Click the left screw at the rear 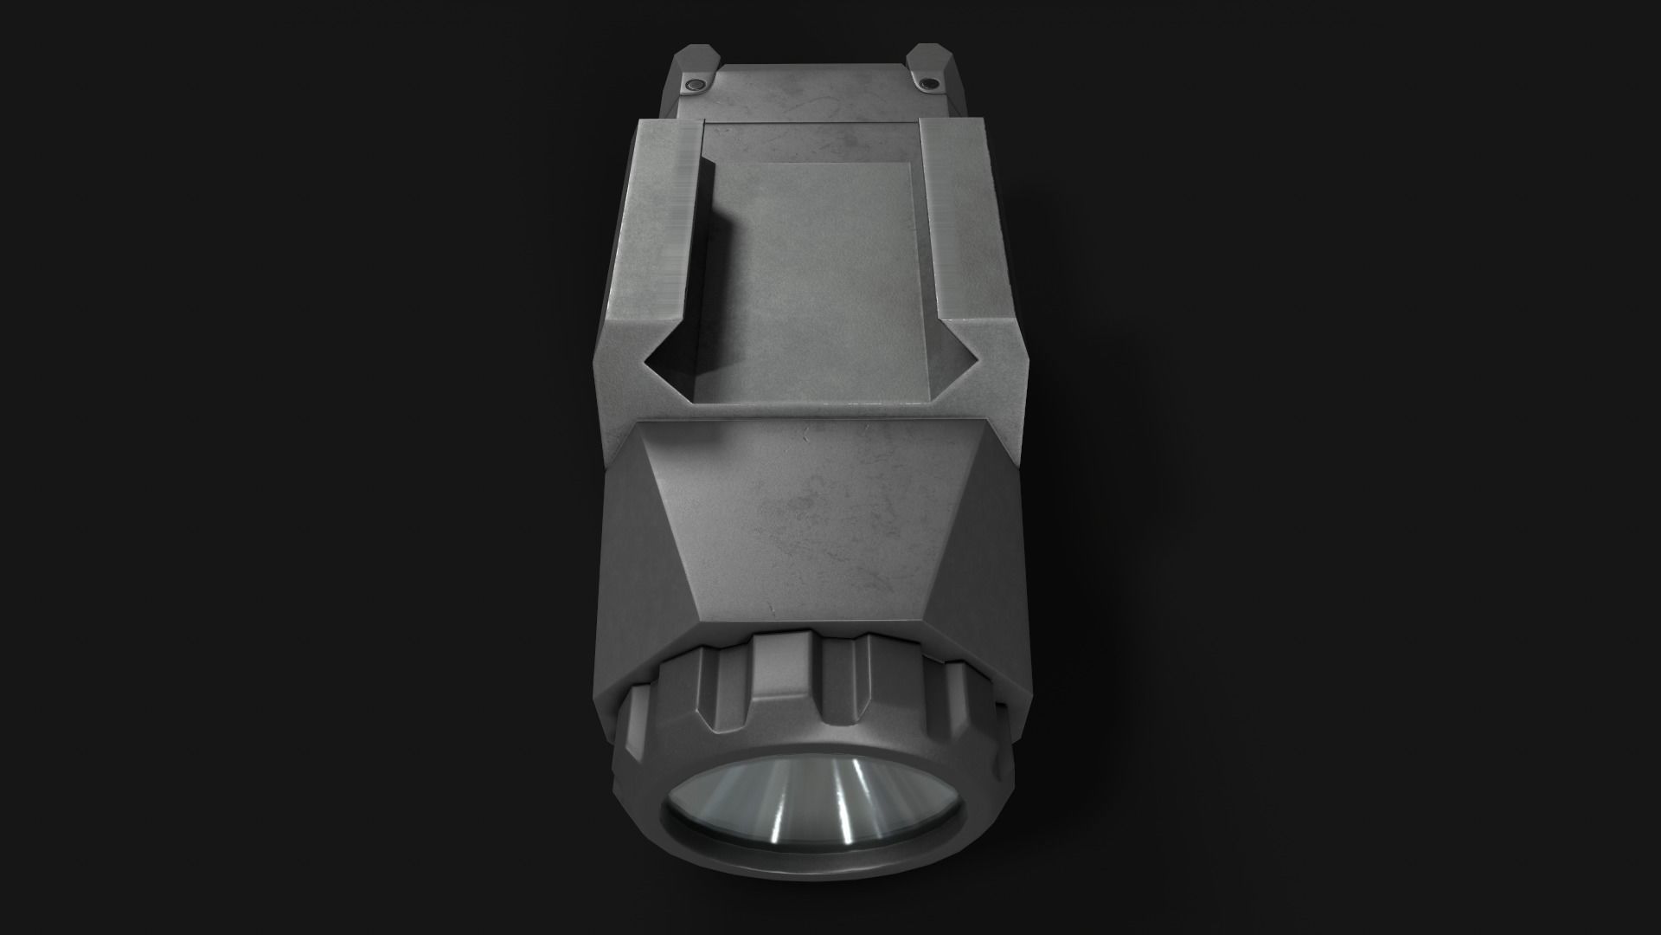[694, 84]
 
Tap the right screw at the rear [928, 83]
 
